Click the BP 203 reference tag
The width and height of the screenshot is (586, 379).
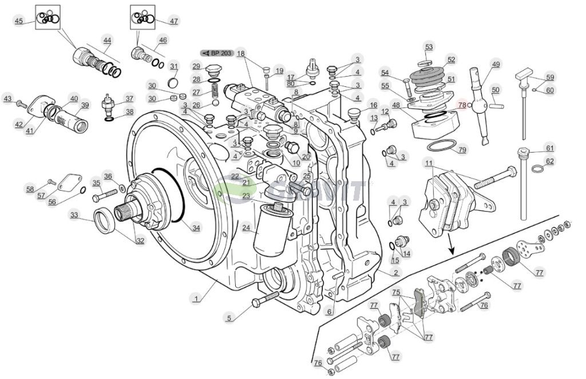pyautogui.click(x=216, y=53)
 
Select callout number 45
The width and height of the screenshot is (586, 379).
pyautogui.click(x=19, y=21)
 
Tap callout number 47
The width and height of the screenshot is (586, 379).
pyautogui.click(x=173, y=21)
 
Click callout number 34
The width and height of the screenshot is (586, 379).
pyautogui.click(x=196, y=228)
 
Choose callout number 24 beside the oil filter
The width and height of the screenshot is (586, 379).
pyautogui.click(x=246, y=227)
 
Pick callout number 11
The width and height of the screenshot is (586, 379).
pyautogui.click(x=429, y=164)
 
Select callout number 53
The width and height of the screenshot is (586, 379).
pyautogui.click(x=429, y=47)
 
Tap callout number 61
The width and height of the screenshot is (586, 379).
pyautogui.click(x=549, y=148)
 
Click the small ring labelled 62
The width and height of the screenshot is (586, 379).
pyautogui.click(x=537, y=169)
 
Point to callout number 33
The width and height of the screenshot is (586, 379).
pyautogui.click(x=74, y=216)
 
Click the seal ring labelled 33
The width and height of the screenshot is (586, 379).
pyautogui.click(x=106, y=221)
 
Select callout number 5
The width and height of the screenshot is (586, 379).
pyautogui.click(x=228, y=318)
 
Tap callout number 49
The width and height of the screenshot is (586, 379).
pyautogui.click(x=496, y=65)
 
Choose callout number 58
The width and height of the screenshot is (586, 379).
pyautogui.click(x=30, y=188)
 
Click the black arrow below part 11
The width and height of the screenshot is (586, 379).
pyautogui.click(x=452, y=248)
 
